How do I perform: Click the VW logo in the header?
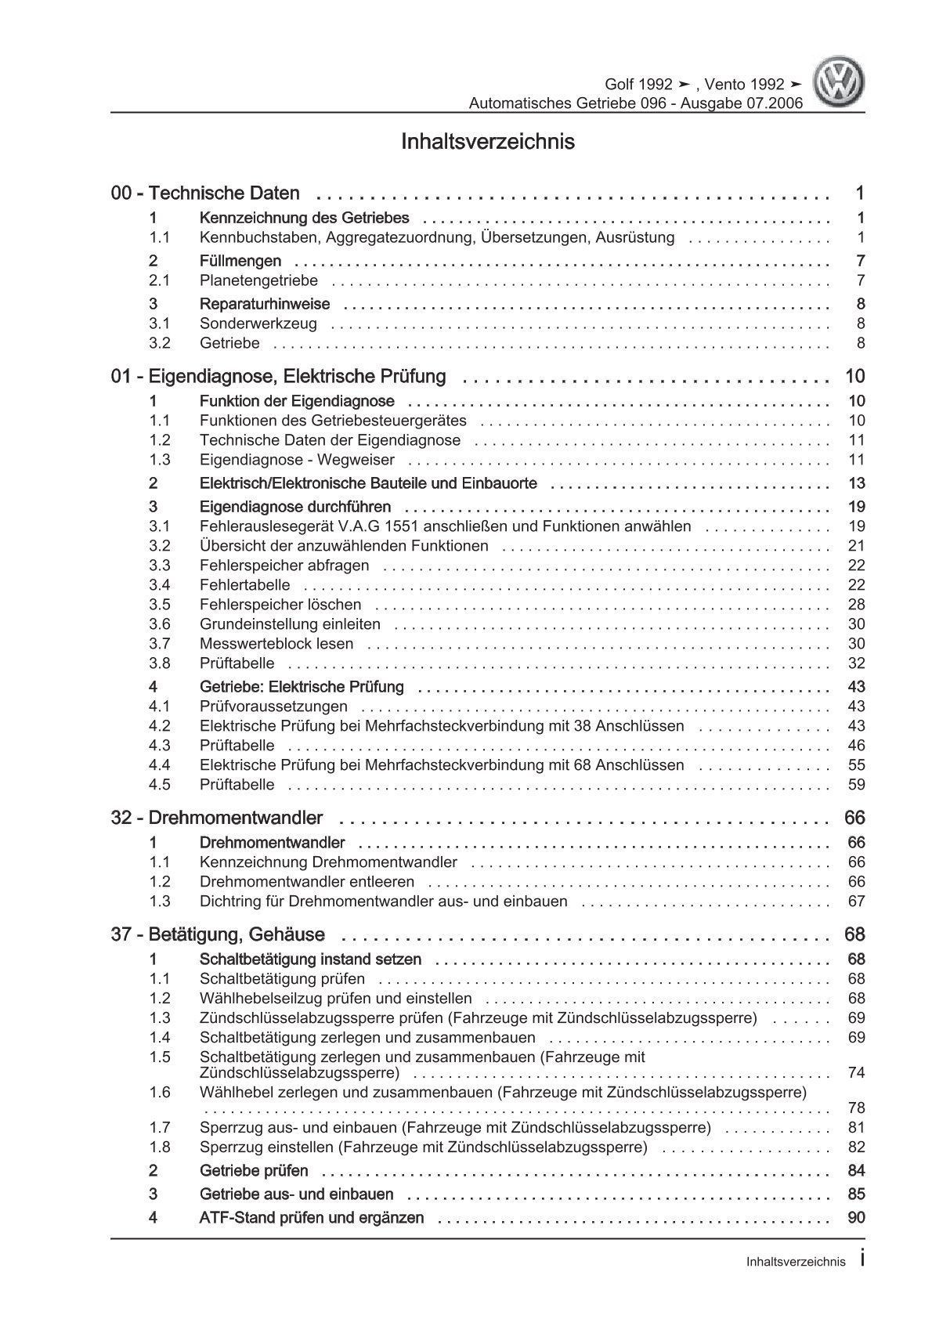click(x=838, y=84)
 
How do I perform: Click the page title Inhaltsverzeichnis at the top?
click(x=487, y=143)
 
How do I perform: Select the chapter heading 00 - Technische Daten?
click(x=205, y=193)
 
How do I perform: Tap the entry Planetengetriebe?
click(x=258, y=280)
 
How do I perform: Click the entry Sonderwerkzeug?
click(x=258, y=323)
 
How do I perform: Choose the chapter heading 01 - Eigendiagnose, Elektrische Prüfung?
click(x=279, y=377)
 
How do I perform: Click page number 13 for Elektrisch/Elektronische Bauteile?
click(x=855, y=483)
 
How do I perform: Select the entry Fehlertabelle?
click(x=244, y=585)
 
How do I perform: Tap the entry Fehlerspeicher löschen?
click(x=280, y=605)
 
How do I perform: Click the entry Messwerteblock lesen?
click(x=276, y=644)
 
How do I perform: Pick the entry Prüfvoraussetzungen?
click(x=273, y=706)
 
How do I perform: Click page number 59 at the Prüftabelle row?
click(x=855, y=785)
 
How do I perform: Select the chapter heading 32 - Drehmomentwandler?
click(x=217, y=819)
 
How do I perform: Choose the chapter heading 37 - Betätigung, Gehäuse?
click(x=218, y=935)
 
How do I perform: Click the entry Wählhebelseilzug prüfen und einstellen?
click(x=336, y=999)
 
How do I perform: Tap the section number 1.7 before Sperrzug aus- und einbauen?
click(x=160, y=1128)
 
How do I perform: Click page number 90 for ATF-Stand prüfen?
click(x=855, y=1218)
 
